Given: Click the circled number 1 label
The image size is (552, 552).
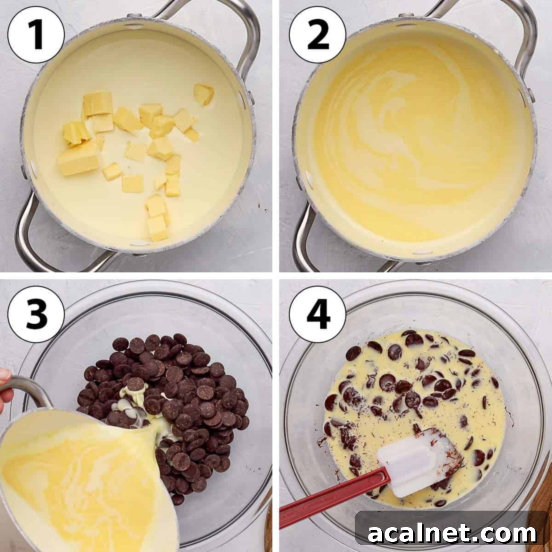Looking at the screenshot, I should [36, 36].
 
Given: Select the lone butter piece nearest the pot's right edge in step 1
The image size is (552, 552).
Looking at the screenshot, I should [203, 94].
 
